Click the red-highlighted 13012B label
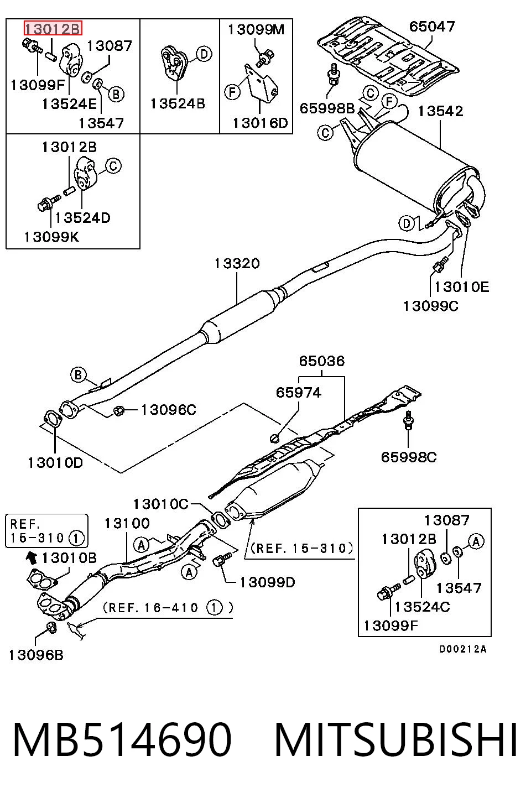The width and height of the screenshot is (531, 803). pos(53,28)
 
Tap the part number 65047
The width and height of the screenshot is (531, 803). pos(431,27)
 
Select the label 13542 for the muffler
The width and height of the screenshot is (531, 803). pos(440,111)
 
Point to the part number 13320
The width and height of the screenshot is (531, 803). pos(237,263)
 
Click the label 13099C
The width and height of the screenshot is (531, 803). pos(431,306)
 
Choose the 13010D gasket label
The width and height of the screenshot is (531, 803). pos(55,463)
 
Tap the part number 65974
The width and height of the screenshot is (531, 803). pos(298,393)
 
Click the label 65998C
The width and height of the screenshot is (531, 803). pos(408,457)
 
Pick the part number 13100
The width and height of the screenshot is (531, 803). pos(127,523)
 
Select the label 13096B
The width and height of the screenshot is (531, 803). pos(36,655)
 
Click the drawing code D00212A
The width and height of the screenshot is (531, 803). pos(463,649)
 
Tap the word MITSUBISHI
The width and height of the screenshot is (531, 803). pos(395,740)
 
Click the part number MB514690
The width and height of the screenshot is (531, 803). pos(122,740)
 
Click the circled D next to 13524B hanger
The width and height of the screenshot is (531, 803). pos(204,54)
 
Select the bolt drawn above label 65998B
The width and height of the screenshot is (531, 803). pos(333,75)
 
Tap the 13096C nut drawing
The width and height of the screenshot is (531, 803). pos(119,410)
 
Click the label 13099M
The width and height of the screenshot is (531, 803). pos(256,30)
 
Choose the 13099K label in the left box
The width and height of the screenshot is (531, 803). pos(51,237)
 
